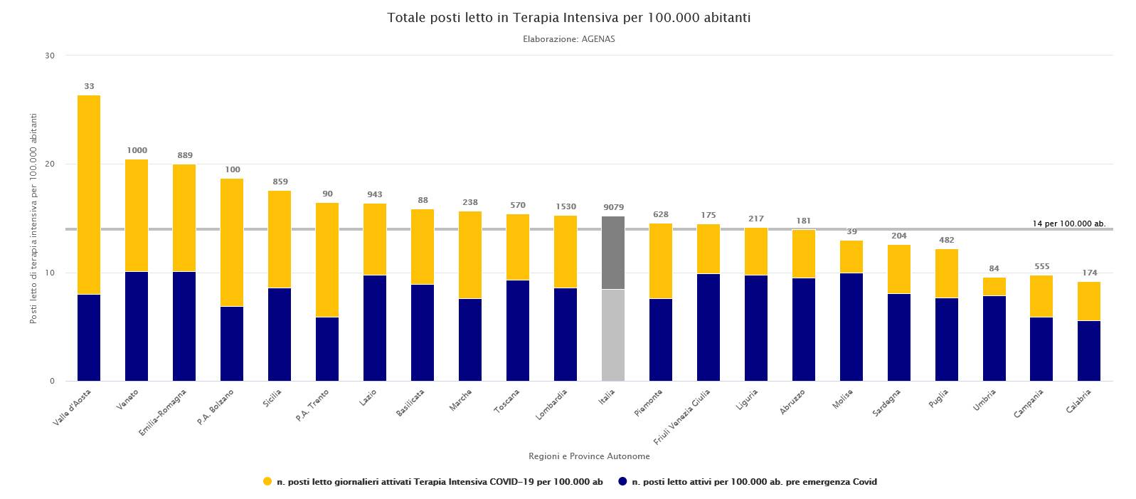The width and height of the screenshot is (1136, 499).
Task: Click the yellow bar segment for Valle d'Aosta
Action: [89, 195]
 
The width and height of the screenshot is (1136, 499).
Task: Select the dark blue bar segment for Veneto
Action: [137, 327]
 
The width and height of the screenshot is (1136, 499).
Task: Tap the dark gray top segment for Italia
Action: [613, 253]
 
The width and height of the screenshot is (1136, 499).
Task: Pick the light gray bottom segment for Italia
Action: [613, 335]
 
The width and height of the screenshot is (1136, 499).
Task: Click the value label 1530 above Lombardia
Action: [566, 206]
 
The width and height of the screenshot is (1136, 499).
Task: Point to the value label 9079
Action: [613, 207]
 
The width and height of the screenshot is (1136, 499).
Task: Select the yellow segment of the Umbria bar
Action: [994, 287]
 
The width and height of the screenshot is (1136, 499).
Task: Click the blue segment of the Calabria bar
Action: [1089, 351]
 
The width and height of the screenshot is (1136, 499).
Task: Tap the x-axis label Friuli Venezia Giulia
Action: [681, 416]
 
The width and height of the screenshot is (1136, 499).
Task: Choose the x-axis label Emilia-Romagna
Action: [162, 413]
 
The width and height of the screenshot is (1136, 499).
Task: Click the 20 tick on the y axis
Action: [50, 164]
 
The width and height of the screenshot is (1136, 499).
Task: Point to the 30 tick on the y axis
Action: [50, 56]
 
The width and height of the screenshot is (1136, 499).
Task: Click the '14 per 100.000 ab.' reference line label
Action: [1069, 224]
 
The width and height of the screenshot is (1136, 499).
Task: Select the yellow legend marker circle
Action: [267, 482]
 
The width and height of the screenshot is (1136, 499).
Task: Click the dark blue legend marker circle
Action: [622, 482]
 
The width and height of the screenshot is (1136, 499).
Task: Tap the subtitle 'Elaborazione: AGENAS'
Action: [568, 39]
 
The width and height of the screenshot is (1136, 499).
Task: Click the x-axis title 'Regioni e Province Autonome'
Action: [589, 456]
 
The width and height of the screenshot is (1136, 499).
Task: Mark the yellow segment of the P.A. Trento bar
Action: [327, 261]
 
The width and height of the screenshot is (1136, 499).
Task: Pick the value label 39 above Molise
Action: [851, 231]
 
